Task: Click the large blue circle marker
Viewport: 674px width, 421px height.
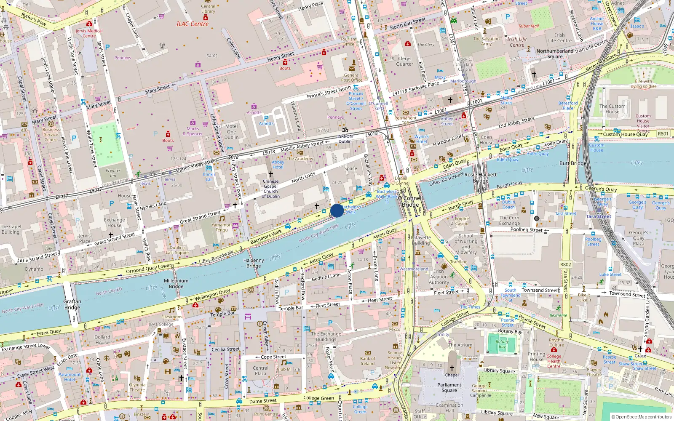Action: pos(337,210)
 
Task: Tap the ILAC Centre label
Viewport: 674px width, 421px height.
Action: pos(193,24)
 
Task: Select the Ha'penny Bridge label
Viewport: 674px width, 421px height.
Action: pos(254,263)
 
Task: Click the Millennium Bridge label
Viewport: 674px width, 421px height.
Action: pos(176,283)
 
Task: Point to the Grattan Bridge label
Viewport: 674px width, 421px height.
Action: pos(72,304)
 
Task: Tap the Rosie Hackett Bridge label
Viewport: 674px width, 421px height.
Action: pos(481,177)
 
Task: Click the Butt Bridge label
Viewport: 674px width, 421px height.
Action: pos(573,163)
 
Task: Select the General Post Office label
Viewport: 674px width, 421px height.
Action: pos(352,77)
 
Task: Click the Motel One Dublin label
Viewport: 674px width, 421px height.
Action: pos(231,131)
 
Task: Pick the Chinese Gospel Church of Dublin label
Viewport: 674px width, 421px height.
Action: pos(270,189)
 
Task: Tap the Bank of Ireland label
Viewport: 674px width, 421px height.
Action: pos(367,361)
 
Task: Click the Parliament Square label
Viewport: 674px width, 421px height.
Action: pos(449,387)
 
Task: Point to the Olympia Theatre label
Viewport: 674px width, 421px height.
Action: pos(137,387)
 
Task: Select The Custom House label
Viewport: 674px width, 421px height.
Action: pos(612,109)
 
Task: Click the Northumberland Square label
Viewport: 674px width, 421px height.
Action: pos(555,54)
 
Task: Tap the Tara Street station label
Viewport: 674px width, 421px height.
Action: pos(598,216)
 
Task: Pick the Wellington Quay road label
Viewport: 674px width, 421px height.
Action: pos(212,294)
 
